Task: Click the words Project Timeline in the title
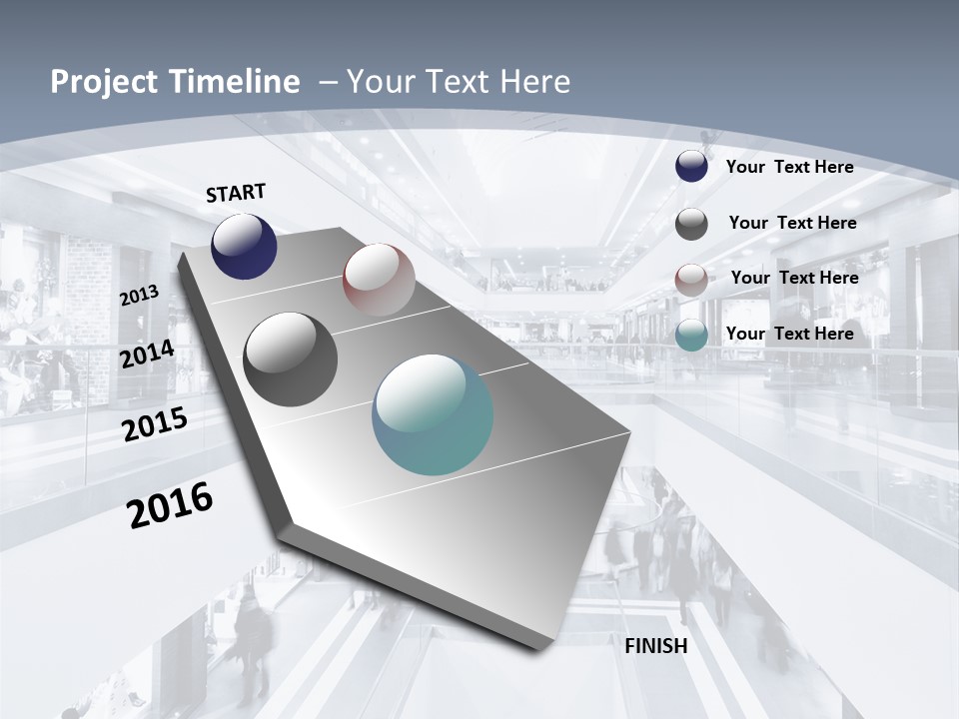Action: pyautogui.click(x=175, y=82)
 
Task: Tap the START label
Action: pyautogui.click(x=236, y=193)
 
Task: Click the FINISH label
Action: pyautogui.click(x=655, y=646)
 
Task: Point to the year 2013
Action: pyautogui.click(x=139, y=296)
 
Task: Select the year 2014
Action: pyautogui.click(x=147, y=354)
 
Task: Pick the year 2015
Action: pyautogui.click(x=154, y=423)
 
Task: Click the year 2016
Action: pyautogui.click(x=170, y=504)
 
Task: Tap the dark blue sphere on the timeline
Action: pyautogui.click(x=244, y=247)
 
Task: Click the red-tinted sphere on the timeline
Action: pyautogui.click(x=379, y=280)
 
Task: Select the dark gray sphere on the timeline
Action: pyautogui.click(x=291, y=359)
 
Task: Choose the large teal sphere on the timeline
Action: pyautogui.click(x=433, y=414)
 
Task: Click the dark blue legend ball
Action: pyautogui.click(x=691, y=167)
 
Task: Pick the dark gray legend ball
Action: pyautogui.click(x=691, y=224)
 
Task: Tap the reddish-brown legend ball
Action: pyautogui.click(x=691, y=280)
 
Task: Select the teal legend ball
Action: pyautogui.click(x=691, y=336)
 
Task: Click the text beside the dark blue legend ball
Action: pyautogui.click(x=789, y=167)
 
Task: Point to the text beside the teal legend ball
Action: pyautogui.click(x=789, y=334)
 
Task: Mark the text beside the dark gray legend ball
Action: pyautogui.click(x=792, y=223)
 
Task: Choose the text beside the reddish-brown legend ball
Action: pyautogui.click(x=794, y=278)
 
